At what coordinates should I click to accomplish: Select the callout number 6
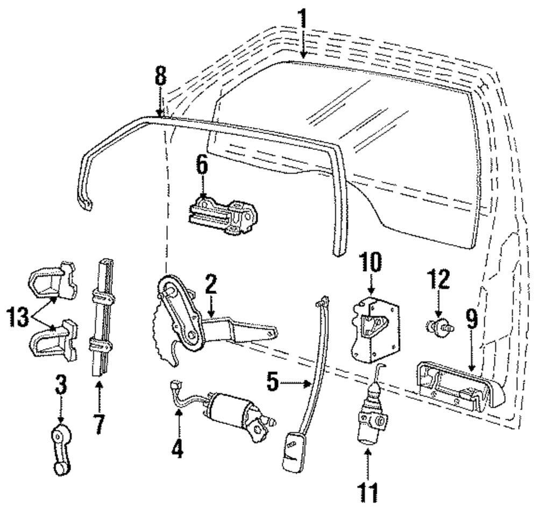point(201,167)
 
